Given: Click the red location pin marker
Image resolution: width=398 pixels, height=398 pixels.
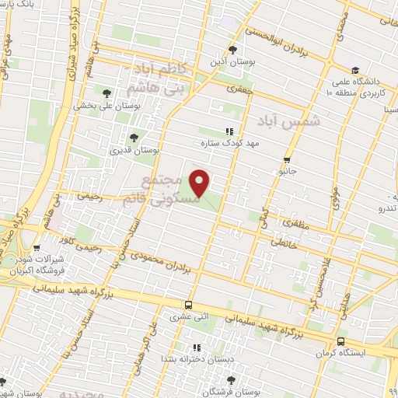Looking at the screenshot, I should (201, 183).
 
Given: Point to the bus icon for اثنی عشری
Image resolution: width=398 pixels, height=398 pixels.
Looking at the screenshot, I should (187, 305).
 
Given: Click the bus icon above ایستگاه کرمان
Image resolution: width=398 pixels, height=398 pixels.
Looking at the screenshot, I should (341, 340).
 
